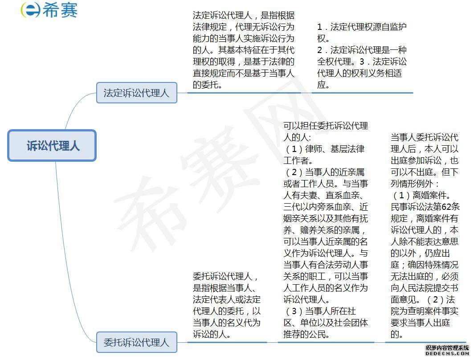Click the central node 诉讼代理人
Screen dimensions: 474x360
(x=52, y=145)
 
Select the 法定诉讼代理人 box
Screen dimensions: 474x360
(x=137, y=93)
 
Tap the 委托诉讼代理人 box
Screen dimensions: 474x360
(x=137, y=342)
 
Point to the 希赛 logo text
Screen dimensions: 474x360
(x=60, y=10)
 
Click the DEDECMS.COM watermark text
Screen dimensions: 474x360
(x=447, y=353)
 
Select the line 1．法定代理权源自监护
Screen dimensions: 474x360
(x=362, y=27)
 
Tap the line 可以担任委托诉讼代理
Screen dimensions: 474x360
(x=326, y=126)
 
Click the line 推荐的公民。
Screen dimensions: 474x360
(x=306, y=334)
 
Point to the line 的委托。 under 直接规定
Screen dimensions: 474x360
(x=208, y=85)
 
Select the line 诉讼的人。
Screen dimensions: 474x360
(x=212, y=334)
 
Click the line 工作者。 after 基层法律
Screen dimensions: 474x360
(x=298, y=160)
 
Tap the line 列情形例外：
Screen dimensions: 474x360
(x=415, y=184)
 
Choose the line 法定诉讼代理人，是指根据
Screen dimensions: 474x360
(x=244, y=16)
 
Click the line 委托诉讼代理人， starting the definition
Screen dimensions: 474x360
(x=225, y=276)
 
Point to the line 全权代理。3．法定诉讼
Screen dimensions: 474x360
(x=362, y=61)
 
